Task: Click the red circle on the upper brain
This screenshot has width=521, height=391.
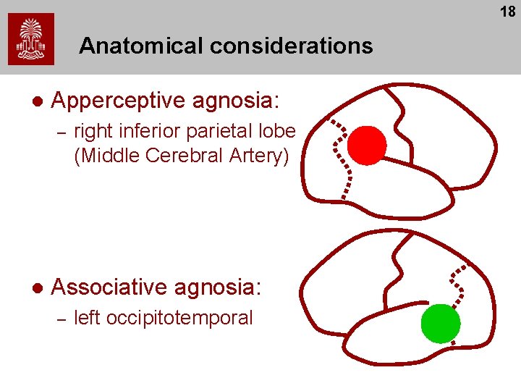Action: tap(367, 145)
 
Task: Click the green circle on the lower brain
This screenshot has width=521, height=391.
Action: tap(441, 323)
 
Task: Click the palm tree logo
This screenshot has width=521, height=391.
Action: tap(30, 39)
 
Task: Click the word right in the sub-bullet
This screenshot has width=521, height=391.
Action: tap(91, 132)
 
